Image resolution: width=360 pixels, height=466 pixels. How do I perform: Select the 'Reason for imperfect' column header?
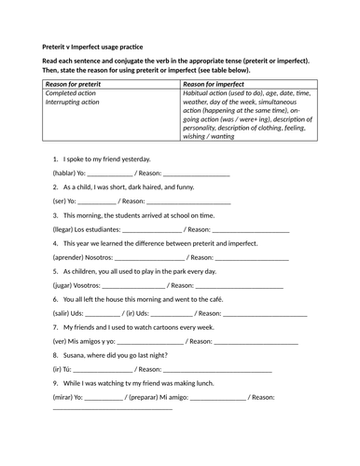coord(216,84)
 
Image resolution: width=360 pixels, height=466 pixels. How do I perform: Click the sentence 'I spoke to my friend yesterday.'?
coord(105,159)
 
